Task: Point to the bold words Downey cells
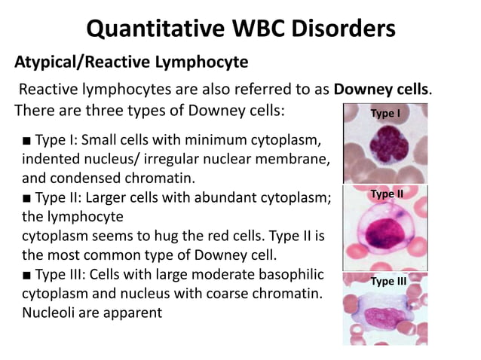pos(381,90)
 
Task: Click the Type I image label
pos(384,114)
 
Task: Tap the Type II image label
pos(387,194)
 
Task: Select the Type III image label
pos(388,281)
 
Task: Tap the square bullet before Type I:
pos(26,141)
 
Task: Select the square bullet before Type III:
pos(26,273)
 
